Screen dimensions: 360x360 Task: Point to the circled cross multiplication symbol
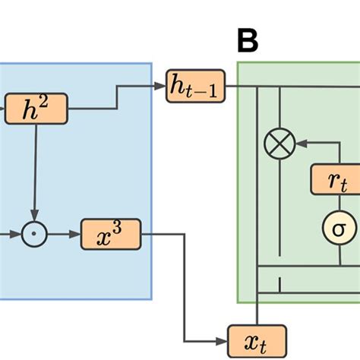[x=279, y=142]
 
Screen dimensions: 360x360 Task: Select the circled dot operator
[x=33, y=235]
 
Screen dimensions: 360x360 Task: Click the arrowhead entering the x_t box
[x=225, y=335]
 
